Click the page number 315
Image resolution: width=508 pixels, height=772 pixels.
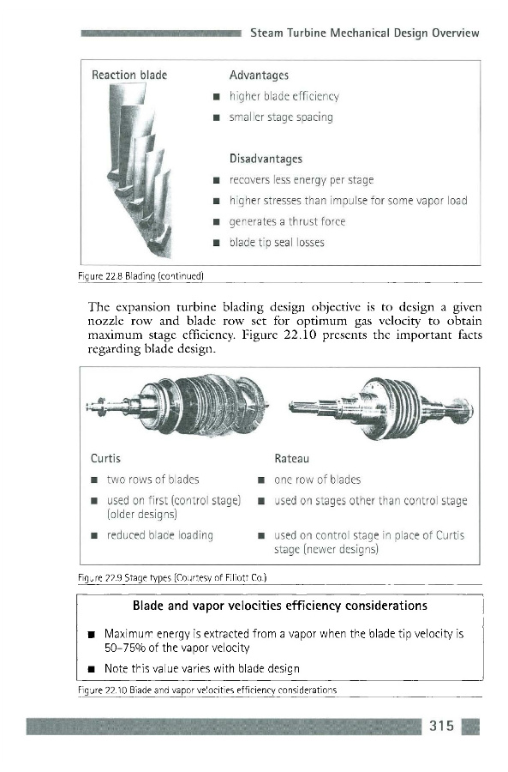tap(442, 726)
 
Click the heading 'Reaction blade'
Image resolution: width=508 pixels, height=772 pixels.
tap(129, 75)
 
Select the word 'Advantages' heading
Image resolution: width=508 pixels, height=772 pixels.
tap(259, 75)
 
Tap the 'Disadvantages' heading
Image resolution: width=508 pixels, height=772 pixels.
tap(266, 159)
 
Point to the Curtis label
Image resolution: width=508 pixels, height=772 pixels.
tap(105, 458)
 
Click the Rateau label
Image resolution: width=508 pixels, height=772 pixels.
tap(291, 459)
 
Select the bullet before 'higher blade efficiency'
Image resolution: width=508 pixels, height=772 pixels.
tap(215, 96)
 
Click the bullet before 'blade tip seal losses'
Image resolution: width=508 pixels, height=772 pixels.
tap(215, 243)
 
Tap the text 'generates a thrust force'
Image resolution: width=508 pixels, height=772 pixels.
tap(287, 221)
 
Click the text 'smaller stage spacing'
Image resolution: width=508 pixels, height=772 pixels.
tap(281, 118)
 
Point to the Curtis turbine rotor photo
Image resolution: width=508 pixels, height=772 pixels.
tap(177, 405)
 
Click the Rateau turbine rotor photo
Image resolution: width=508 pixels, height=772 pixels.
tap(381, 407)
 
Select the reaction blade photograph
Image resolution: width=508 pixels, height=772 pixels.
tap(140, 170)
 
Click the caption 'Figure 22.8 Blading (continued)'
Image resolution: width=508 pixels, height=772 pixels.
tap(140, 276)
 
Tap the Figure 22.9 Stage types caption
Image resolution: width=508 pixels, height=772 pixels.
tap(172, 577)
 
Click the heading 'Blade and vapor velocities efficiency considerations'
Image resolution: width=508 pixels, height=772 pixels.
tap(280, 606)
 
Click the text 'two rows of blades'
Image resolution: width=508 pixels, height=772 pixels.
tap(153, 479)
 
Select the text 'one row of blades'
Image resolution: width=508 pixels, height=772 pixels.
tap(317, 479)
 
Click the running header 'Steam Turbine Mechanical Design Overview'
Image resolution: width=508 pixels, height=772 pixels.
tap(364, 33)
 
